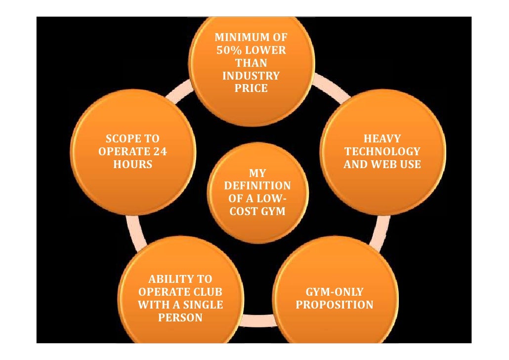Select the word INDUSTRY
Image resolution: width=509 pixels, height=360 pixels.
point(251,76)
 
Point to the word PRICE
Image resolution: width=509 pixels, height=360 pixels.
point(251,89)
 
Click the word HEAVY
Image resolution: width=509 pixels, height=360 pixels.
point(382,139)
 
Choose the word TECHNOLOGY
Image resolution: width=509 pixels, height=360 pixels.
point(382,151)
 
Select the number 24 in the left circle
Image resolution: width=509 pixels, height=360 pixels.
point(159,151)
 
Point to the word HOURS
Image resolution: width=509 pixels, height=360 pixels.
point(132,164)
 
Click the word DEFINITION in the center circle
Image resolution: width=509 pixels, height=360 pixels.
point(257,186)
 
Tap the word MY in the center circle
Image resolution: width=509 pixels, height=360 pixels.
point(257,173)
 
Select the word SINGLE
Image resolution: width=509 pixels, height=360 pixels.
point(202,305)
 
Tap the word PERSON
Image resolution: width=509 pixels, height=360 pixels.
point(180,318)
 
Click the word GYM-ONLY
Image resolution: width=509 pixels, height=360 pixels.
point(335,292)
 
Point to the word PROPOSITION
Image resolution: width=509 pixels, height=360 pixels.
point(335,305)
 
